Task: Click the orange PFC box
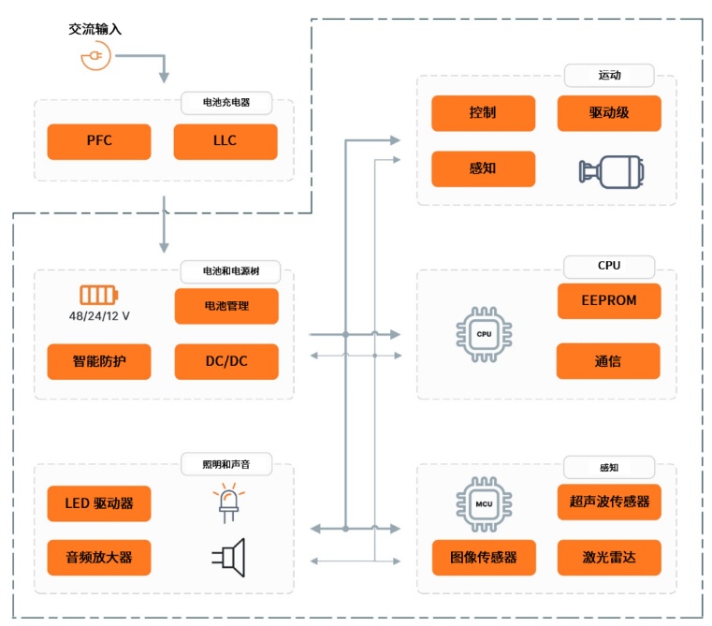pos(99,141)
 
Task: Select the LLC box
pos(225,141)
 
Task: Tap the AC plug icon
pos(94,58)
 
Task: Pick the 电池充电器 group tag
pos(225,101)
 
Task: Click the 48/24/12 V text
pos(99,316)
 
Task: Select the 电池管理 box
pos(225,306)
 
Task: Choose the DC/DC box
pos(225,361)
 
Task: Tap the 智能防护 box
pos(99,361)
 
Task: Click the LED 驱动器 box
pos(99,503)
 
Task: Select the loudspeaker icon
pos(226,557)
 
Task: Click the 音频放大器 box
pos(99,558)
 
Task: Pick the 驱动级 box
pos(609,113)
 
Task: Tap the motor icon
pos(609,170)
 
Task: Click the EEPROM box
pos(609,301)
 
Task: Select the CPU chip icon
pos(484,333)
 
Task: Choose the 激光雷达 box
pos(609,558)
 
